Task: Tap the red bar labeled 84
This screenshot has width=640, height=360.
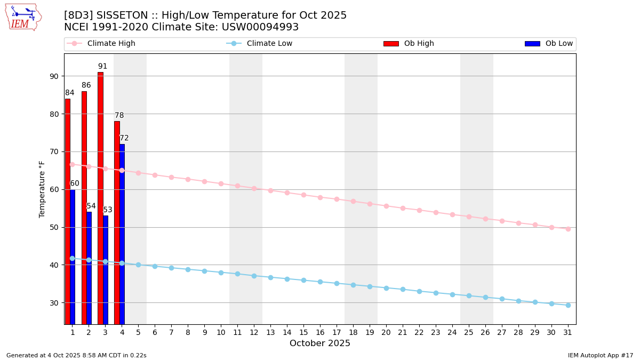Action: tap(68, 211)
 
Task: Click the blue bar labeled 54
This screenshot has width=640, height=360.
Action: tap(89, 268)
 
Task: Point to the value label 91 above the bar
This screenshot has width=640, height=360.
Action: tap(102, 67)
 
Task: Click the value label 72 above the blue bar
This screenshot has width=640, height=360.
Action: tap(124, 138)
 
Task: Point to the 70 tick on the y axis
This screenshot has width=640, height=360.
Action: tap(54, 151)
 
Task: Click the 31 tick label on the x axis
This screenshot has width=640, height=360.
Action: tap(568, 332)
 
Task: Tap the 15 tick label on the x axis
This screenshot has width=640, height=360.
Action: tap(303, 332)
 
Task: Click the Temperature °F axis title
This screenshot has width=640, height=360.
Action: tap(42, 189)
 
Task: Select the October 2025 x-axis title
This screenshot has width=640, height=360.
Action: tap(320, 343)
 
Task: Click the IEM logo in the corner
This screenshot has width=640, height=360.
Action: tap(23, 17)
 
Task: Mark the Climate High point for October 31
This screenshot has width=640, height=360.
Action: tap(568, 229)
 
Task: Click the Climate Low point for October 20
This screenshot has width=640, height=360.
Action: tap(386, 288)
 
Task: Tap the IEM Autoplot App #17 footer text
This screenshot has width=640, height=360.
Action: tap(601, 355)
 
